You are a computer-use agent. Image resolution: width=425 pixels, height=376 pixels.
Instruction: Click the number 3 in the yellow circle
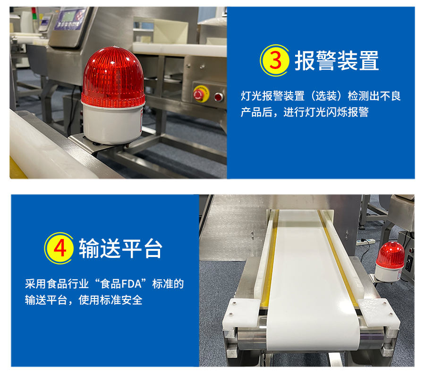[x=275, y=60]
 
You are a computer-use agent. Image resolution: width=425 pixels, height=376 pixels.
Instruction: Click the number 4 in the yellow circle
[x=60, y=248]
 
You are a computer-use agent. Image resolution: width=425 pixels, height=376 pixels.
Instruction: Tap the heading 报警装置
[x=337, y=60]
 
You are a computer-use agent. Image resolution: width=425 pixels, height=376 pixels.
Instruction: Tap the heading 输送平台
[x=120, y=248]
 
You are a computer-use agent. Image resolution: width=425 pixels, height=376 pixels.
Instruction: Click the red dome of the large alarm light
[x=113, y=77]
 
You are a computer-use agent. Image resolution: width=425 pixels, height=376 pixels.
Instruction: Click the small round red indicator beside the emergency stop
[x=219, y=97]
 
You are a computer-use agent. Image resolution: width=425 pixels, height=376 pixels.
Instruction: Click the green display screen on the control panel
[x=68, y=16]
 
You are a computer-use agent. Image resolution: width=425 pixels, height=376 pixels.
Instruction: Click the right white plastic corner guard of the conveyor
[x=379, y=312]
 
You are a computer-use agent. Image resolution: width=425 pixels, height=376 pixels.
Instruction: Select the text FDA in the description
[x=131, y=284]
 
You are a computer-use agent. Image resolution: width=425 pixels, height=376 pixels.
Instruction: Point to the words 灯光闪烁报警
[x=337, y=112]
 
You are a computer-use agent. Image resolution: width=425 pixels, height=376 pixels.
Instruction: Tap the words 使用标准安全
[x=110, y=300]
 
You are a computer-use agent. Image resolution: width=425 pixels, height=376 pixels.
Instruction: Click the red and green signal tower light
[x=34, y=14]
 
